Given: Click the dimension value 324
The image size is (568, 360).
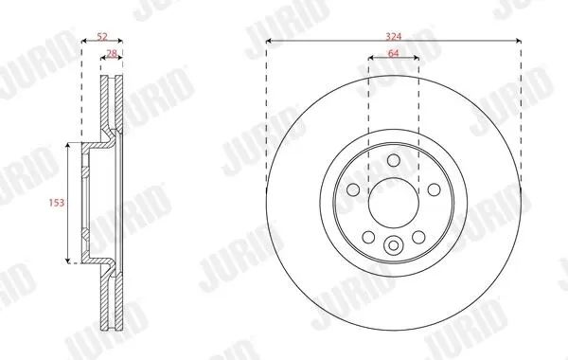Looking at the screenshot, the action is (394, 36).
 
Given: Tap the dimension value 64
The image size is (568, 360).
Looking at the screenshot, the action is (394, 53).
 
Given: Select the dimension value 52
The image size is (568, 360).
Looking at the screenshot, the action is (102, 36).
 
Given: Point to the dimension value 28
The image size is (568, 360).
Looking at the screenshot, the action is (112, 53).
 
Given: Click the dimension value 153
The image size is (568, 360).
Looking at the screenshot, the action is (57, 203).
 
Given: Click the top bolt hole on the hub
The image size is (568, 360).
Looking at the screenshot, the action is (394, 160).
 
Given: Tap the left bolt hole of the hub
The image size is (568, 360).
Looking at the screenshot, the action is (353, 189).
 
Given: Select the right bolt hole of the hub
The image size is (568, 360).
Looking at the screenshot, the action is (434, 189).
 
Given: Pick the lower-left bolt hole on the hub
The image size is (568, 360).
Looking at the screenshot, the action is (368, 237).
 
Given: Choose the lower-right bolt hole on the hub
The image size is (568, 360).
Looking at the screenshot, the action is (418, 237).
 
